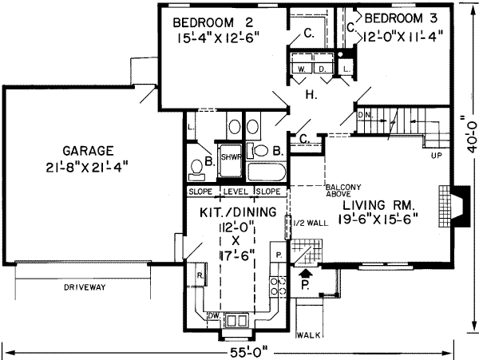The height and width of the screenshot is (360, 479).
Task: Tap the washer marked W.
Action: [302, 69]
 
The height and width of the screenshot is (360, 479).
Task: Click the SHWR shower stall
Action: [232, 157]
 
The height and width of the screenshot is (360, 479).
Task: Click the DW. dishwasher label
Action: [214, 316]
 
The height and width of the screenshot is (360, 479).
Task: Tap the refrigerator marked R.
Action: [199, 275]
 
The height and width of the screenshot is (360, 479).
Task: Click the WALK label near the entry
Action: [307, 335]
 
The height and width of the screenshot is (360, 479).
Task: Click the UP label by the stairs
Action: [437, 155]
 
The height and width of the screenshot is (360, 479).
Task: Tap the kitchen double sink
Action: [238, 319]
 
